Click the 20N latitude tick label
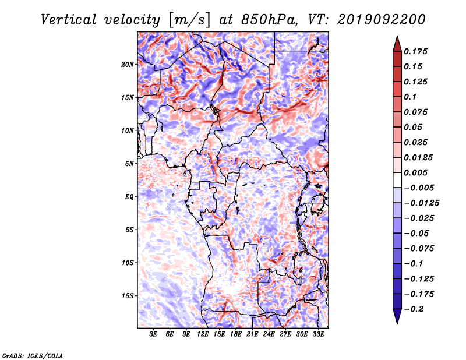tap(128, 65)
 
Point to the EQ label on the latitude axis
tap(129, 197)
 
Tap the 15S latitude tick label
tap(128, 296)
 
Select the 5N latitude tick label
tap(129, 164)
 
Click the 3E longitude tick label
tap(153, 334)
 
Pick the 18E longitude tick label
tap(236, 334)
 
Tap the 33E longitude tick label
tap(318, 334)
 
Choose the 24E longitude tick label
tap(269, 334)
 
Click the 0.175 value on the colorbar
tap(415, 51)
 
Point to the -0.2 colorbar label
tap(414, 309)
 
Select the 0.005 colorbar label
tap(415, 172)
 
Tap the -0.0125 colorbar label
tap(421, 203)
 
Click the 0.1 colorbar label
tap(410, 97)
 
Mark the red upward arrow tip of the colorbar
tap(397, 37)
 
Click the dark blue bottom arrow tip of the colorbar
tap(397, 323)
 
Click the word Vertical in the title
tap(69, 20)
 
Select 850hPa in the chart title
tap(269, 20)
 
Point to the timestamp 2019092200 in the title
tap(382, 20)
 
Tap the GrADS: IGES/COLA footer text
tap(33, 355)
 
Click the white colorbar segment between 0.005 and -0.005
tap(397, 180)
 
